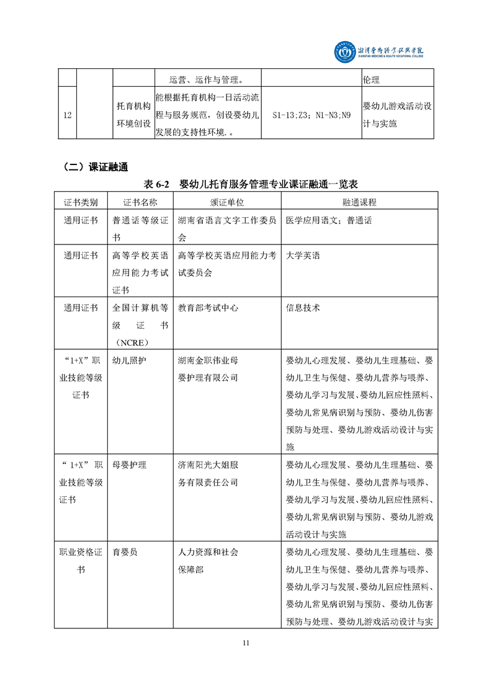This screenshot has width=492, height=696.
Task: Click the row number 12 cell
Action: (x=66, y=115)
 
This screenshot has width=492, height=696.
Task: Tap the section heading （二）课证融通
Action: (x=94, y=166)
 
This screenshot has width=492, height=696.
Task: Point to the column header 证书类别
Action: (x=81, y=202)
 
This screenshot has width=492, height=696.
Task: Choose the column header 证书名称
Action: (x=140, y=202)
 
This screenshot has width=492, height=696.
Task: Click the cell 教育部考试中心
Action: (x=208, y=307)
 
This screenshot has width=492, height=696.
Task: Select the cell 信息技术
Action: (x=303, y=307)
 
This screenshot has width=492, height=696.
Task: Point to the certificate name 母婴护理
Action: (x=130, y=464)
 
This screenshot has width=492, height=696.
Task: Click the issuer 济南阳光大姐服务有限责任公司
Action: (x=208, y=473)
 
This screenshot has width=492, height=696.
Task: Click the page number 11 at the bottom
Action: (x=246, y=643)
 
